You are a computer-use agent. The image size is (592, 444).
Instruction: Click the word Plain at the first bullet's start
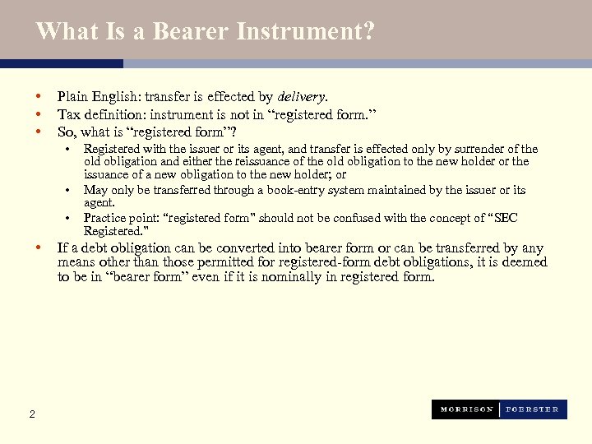point(72,96)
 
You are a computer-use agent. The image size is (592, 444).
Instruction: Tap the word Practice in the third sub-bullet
point(104,218)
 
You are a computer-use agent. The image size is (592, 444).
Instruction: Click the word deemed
point(525,262)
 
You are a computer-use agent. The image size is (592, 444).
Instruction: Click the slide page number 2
point(32,414)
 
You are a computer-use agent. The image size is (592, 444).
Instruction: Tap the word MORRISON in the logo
point(466,409)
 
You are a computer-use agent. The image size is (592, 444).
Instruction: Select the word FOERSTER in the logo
point(531,409)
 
